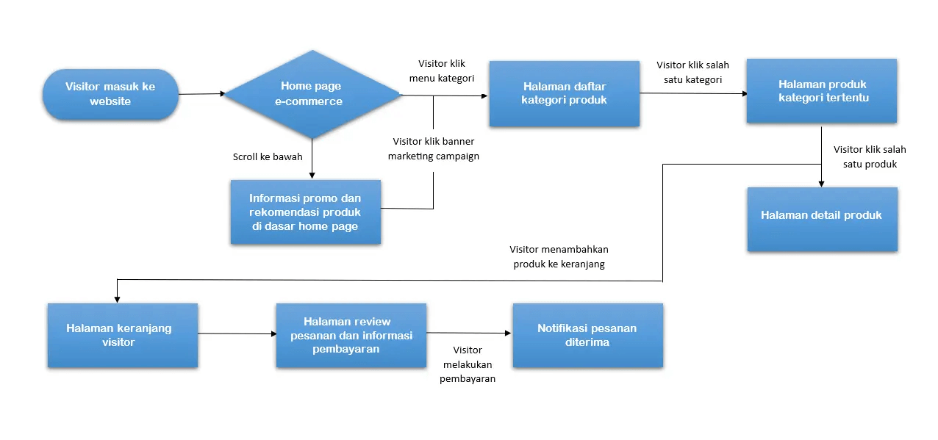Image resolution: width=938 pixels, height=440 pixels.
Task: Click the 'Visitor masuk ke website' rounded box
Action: pyautogui.click(x=110, y=94)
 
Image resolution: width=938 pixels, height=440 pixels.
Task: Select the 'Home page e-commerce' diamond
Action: pyautogui.click(x=312, y=94)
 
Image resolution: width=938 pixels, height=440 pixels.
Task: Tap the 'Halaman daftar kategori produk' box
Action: pyautogui.click(x=565, y=93)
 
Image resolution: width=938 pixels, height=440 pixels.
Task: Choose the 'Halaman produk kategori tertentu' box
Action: pyautogui.click(x=821, y=91)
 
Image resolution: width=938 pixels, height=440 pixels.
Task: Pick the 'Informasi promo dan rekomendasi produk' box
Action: pyautogui.click(x=305, y=212)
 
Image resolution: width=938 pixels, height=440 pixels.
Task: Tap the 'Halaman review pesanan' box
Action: pyautogui.click(x=351, y=335)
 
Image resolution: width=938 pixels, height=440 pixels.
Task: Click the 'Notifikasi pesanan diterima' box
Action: pyautogui.click(x=587, y=335)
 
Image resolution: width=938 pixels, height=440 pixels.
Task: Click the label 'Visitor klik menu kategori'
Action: pyautogui.click(x=442, y=71)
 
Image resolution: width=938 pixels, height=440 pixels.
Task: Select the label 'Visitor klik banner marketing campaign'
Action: pyautogui.click(x=434, y=148)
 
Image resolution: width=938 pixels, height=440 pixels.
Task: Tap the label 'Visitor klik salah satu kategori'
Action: pyautogui.click(x=692, y=72)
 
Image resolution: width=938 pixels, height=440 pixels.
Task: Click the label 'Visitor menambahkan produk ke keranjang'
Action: pyautogui.click(x=559, y=256)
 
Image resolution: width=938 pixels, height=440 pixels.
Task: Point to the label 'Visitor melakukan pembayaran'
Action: pyautogui.click(x=468, y=364)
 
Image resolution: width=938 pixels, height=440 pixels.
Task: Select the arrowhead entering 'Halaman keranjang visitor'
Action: pyautogui.click(x=116, y=298)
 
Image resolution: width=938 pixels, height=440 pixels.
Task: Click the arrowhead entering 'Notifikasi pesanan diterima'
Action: pyautogui.click(x=507, y=333)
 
